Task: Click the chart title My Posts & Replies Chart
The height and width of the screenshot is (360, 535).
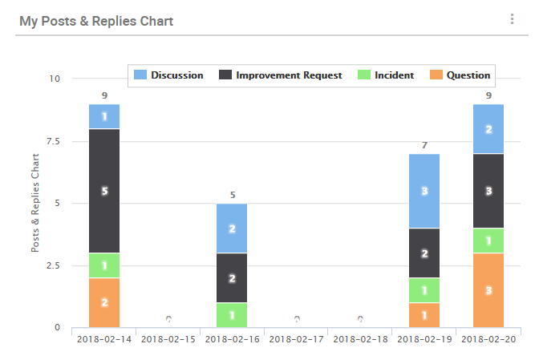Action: click(96, 21)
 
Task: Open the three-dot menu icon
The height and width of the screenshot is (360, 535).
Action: click(512, 19)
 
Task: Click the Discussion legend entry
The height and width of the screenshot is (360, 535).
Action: click(168, 75)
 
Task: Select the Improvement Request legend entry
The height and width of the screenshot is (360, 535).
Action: click(281, 75)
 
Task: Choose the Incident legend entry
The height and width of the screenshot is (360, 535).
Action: click(386, 75)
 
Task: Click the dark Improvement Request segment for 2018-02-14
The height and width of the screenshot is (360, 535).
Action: click(104, 191)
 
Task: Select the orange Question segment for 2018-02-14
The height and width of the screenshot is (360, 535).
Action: click(104, 302)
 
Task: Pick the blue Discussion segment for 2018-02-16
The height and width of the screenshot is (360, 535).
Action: click(233, 229)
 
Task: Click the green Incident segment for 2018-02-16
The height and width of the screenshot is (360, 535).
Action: click(233, 315)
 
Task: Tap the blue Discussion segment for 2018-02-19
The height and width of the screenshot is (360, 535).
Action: click(424, 191)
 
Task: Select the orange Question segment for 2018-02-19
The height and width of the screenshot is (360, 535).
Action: click(424, 315)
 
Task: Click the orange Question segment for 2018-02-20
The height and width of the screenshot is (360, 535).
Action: click(488, 290)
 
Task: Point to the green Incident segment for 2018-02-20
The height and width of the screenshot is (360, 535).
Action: click(488, 241)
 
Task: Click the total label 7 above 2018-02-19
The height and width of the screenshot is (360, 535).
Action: click(424, 145)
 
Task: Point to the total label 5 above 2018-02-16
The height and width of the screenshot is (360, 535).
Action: click(233, 195)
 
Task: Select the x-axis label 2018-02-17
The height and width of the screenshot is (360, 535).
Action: click(297, 340)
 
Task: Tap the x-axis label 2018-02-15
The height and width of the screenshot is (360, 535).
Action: click(168, 340)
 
